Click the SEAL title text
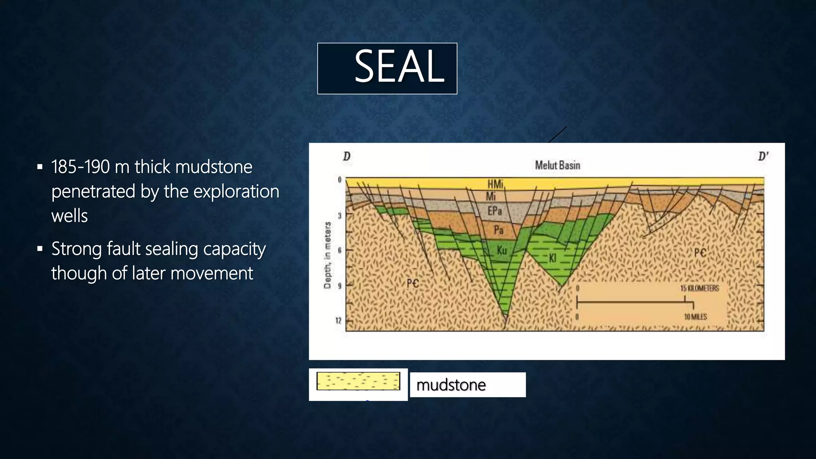click(399, 67)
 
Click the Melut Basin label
click(557, 165)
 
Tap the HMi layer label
click(495, 184)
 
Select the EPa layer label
click(494, 211)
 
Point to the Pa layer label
click(498, 230)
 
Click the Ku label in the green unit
click(502, 250)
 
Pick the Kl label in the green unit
click(552, 258)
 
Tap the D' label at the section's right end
click(763, 156)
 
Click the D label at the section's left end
click(347, 156)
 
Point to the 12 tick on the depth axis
click(338, 321)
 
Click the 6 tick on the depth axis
click(339, 250)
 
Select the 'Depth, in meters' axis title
click(328, 255)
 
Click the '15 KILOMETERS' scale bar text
click(699, 288)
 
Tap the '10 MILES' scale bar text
click(695, 317)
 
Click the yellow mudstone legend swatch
click(358, 381)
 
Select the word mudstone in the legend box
click(451, 385)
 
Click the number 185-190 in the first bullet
click(80, 167)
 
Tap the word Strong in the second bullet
click(76, 249)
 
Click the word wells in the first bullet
click(69, 216)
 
